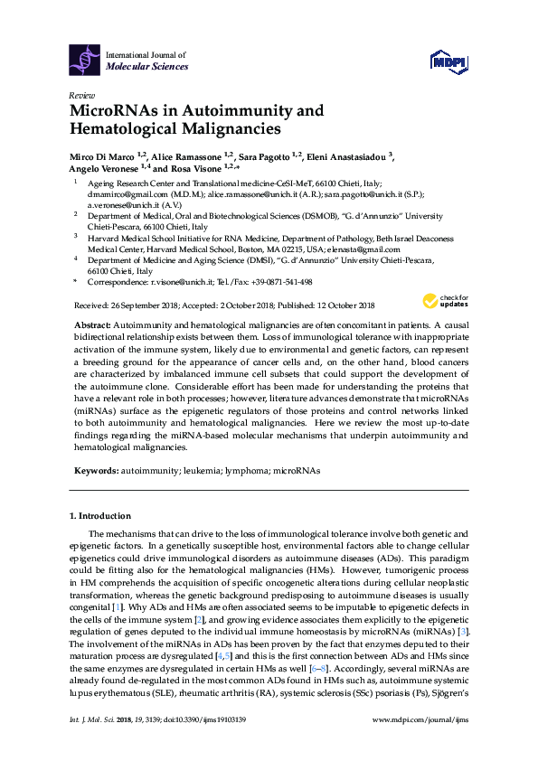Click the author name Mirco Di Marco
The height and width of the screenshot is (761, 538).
click(x=101, y=156)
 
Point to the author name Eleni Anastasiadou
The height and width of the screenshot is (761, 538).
click(x=348, y=156)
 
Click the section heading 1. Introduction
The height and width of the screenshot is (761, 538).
click(x=100, y=516)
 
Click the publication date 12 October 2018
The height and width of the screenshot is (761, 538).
click(x=335, y=305)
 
